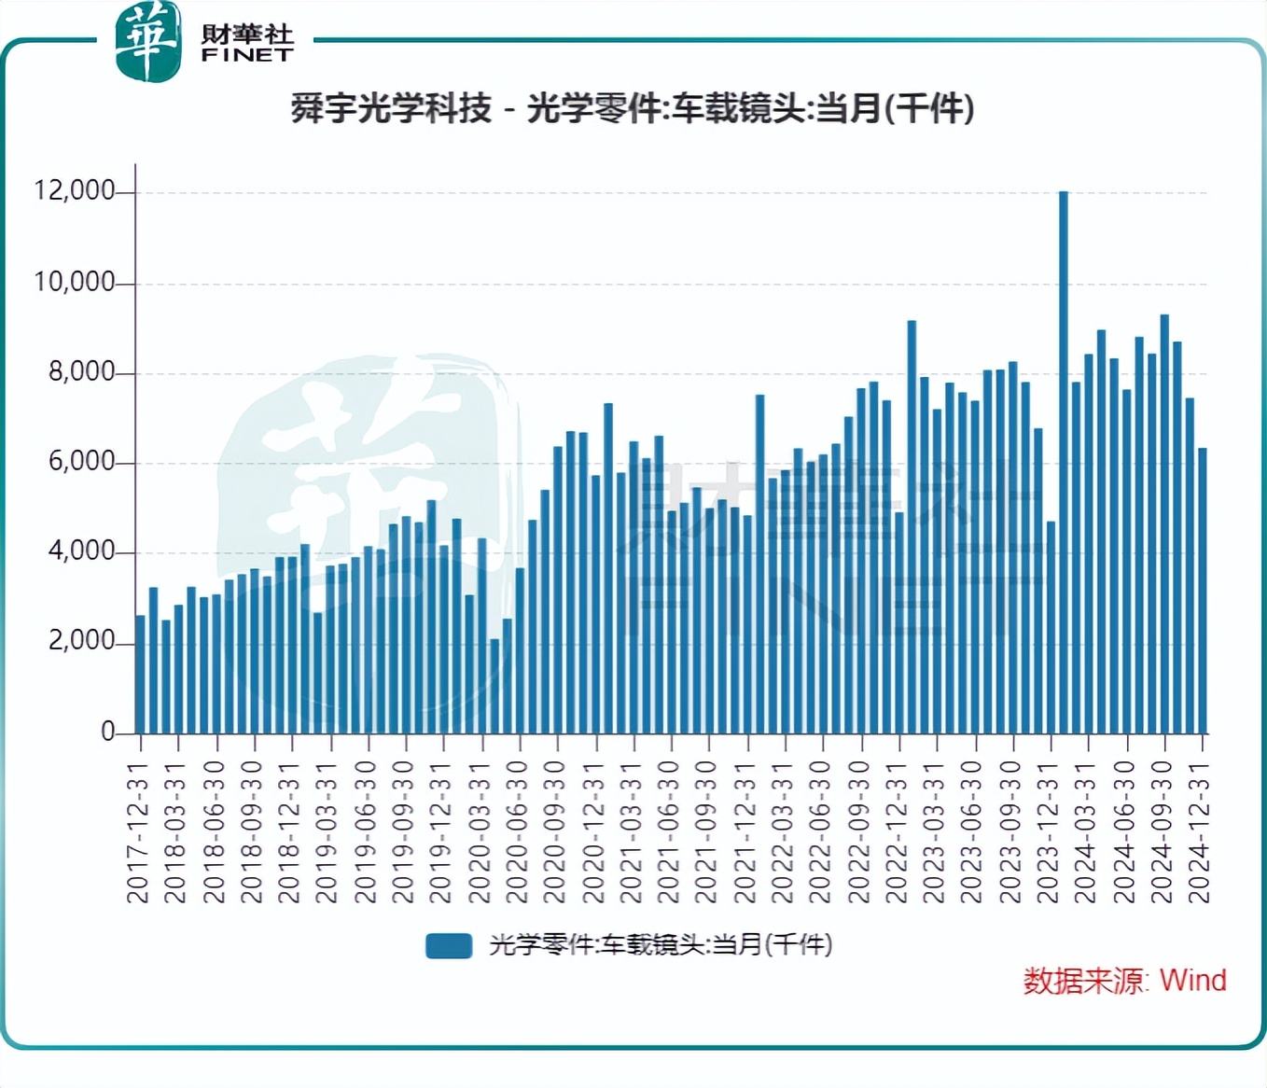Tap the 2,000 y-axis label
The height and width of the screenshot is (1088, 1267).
81,641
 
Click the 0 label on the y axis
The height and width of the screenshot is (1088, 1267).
108,732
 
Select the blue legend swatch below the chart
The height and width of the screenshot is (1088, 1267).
449,945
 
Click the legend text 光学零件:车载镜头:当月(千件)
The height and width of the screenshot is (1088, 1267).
661,945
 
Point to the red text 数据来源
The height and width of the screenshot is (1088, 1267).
1083,981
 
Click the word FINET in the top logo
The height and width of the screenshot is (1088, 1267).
247,55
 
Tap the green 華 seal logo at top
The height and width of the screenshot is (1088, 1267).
147,42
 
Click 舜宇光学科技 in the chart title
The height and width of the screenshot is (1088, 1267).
391,109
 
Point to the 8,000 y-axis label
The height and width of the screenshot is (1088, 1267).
81,371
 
